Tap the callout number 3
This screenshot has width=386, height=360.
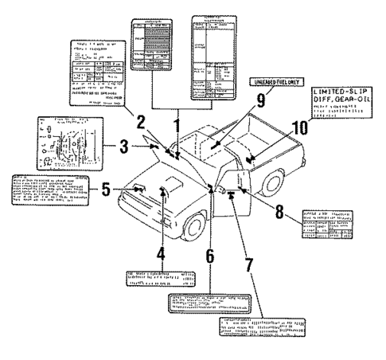123,147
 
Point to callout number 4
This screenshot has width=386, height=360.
162,255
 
